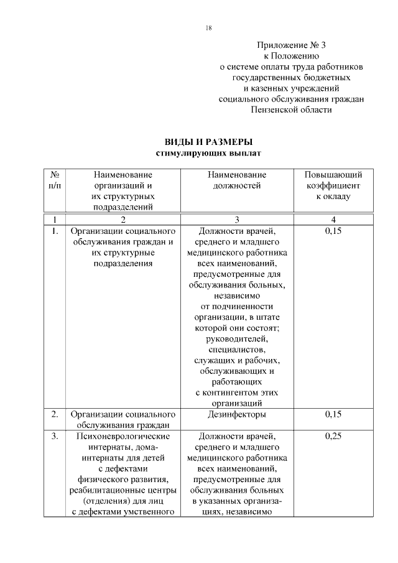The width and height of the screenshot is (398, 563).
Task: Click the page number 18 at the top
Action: coord(209,28)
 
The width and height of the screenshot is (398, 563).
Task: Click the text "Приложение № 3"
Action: coord(292,45)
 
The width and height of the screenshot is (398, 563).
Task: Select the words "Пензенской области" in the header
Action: coord(292,109)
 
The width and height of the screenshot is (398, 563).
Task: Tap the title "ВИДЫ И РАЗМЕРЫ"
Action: coord(208,142)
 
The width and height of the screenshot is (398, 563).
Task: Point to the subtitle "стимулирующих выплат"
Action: coord(208,152)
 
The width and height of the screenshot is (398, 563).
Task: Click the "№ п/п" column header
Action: coord(55,180)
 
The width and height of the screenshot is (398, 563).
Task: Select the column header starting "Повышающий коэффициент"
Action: coord(333,185)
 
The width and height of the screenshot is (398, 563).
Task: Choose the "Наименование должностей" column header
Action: coord(237,180)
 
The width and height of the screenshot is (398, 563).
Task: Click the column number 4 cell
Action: coord(333,219)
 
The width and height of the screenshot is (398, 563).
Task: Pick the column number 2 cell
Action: coord(123,219)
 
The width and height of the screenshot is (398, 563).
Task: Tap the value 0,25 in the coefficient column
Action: coord(333,436)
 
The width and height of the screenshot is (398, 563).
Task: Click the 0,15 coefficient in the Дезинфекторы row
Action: coord(333,414)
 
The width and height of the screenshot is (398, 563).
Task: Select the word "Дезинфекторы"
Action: coord(237,414)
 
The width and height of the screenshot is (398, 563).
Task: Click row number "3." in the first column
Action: coord(55,436)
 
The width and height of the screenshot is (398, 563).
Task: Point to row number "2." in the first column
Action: coord(55,414)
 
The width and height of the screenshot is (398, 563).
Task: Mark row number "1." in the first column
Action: coord(55,231)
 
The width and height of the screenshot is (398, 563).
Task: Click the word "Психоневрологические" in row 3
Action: coord(123,436)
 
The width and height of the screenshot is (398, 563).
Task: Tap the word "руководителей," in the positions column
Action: coord(237,339)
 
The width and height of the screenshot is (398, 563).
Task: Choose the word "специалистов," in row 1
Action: coord(237,350)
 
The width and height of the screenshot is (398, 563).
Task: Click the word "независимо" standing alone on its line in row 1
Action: coord(237,295)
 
